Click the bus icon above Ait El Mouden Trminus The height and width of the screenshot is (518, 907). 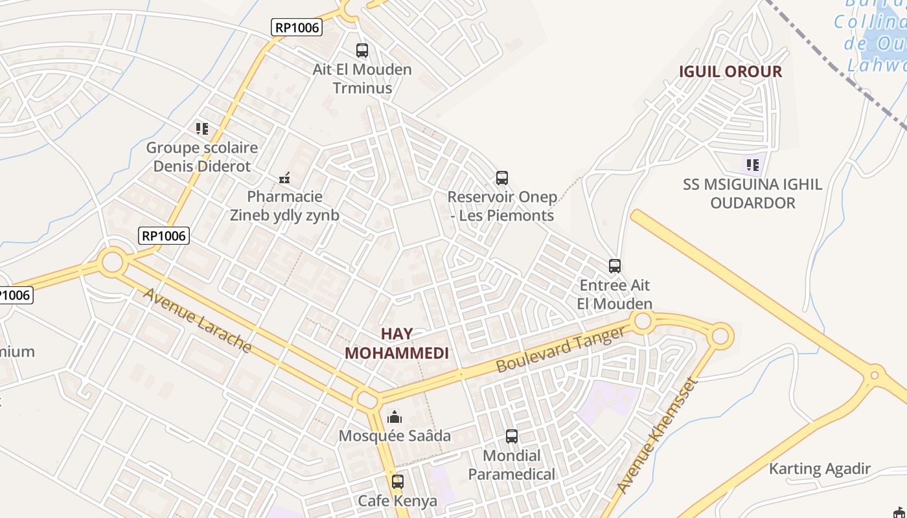tap(362, 50)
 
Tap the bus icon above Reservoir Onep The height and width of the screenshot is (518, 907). tap(501, 177)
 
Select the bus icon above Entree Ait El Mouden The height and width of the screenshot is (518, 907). tap(614, 265)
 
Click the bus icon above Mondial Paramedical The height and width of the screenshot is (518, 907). tap(512, 436)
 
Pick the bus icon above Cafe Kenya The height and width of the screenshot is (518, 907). tap(398, 482)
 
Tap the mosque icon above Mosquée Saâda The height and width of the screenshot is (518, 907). tap(395, 417)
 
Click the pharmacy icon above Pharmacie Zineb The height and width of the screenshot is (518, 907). tap(284, 177)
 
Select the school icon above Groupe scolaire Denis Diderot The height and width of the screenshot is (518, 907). tap(202, 128)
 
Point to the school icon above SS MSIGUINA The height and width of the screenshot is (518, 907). tap(752, 164)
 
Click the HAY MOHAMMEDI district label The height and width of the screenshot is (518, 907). tap(396, 343)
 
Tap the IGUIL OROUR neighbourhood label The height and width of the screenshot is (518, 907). tap(730, 71)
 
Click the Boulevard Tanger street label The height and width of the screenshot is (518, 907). tap(561, 350)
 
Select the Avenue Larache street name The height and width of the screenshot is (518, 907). tap(197, 320)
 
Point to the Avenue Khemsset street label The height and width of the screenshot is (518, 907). tap(657, 435)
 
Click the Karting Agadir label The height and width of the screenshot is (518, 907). tap(820, 469)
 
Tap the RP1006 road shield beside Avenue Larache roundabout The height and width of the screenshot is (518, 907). tap(164, 236)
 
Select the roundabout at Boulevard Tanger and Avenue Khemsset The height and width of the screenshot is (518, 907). tap(720, 336)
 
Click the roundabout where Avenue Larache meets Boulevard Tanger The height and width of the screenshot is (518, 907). tap(366, 398)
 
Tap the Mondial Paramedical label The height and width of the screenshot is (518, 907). tap(511, 465)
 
